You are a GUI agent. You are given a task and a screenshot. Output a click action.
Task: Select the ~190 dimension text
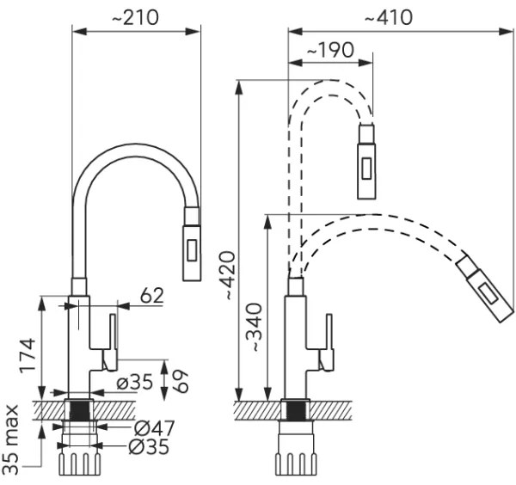[x=330, y=50]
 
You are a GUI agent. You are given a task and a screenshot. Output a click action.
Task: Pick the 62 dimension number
[x=151, y=295]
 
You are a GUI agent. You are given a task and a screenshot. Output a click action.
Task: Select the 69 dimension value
[x=181, y=378]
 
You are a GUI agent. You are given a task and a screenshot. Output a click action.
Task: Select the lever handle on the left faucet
[x=111, y=342]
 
